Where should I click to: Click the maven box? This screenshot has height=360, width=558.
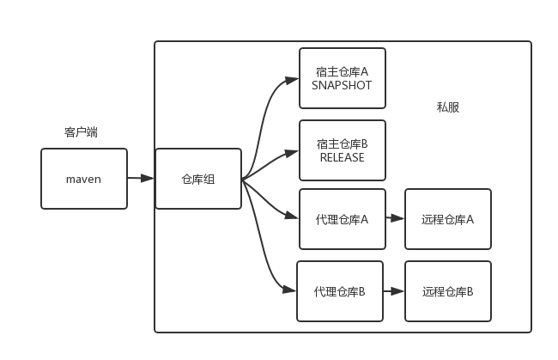(x=84, y=179)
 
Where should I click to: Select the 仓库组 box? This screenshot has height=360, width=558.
(x=198, y=179)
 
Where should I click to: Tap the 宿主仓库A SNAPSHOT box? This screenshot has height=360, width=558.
(x=343, y=78)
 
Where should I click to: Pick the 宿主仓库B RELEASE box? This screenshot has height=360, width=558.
(x=343, y=150)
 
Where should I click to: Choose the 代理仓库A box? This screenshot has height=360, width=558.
(x=343, y=219)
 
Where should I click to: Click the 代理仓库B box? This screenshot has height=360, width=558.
(x=340, y=291)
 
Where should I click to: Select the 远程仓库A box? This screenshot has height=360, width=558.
(x=448, y=219)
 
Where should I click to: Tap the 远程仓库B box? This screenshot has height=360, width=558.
(x=448, y=291)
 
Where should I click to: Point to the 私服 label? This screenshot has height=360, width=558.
(x=448, y=107)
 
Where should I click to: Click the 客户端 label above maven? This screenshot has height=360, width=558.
(x=81, y=132)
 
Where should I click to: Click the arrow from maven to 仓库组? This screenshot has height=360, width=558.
(x=141, y=179)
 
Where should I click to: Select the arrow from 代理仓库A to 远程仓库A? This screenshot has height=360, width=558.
(x=395, y=219)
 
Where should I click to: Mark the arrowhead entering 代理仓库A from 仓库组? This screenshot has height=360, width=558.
(x=292, y=215)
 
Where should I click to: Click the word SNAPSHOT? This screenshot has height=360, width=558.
(x=342, y=86)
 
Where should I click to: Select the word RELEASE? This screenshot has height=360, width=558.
(x=342, y=158)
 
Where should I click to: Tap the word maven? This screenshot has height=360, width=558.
(x=84, y=180)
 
